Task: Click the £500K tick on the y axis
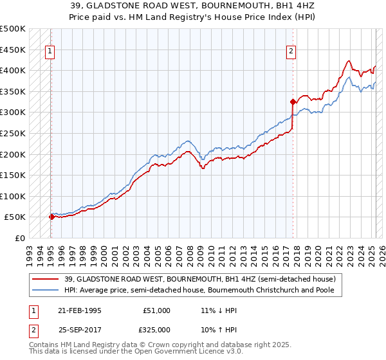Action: click(13, 29)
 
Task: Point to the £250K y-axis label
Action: click(13, 133)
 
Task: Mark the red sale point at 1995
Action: click(51, 217)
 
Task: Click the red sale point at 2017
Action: click(293, 102)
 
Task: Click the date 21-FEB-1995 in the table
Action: click(80, 310)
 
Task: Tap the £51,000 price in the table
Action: click(157, 310)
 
